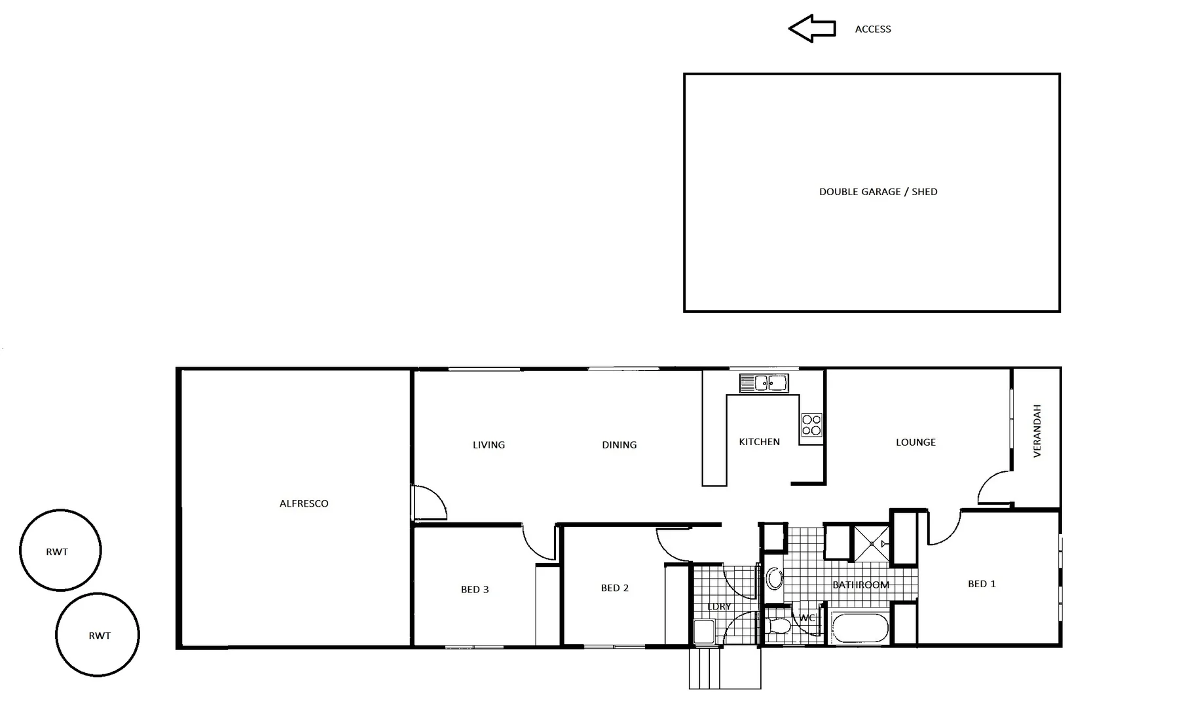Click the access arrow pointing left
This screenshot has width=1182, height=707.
coord(811,29)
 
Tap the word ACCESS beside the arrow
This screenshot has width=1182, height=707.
coord(873,29)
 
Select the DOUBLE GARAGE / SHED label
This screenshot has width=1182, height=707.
coord(878,192)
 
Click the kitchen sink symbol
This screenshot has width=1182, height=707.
coord(764,383)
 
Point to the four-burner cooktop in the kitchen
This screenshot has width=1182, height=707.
coord(811,425)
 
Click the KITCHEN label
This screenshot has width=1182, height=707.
coord(759,442)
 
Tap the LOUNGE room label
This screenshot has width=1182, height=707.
coord(915,443)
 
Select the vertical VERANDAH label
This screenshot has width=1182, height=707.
coord(1037,431)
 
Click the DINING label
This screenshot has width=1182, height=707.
coord(619,445)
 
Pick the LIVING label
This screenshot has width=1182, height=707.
coord(489,445)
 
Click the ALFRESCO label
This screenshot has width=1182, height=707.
coord(304,503)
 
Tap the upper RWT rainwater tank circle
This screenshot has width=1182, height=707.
coord(60,551)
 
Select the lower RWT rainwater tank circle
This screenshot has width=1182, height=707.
coord(98,634)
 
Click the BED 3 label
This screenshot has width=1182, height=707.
coord(475,590)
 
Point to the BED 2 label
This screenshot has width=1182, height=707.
coord(614,589)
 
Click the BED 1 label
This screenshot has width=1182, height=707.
coord(982,584)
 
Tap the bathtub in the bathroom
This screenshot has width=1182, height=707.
coord(860,628)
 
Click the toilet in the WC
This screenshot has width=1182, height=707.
coord(779,625)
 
